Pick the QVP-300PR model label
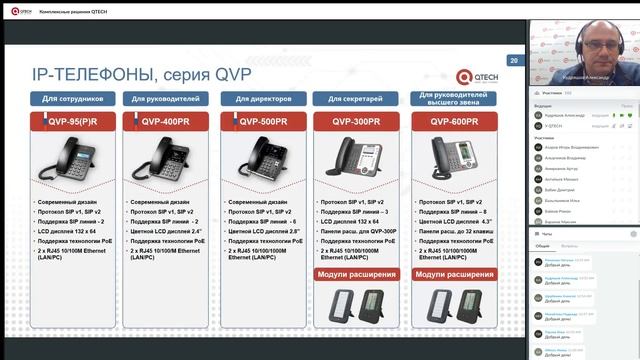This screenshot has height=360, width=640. [349, 121]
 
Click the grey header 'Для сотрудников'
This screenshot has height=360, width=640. [71, 100]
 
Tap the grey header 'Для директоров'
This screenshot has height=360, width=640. [261, 100]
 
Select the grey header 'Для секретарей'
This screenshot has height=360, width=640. [350, 100]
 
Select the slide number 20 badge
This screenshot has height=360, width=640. [514, 61]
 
